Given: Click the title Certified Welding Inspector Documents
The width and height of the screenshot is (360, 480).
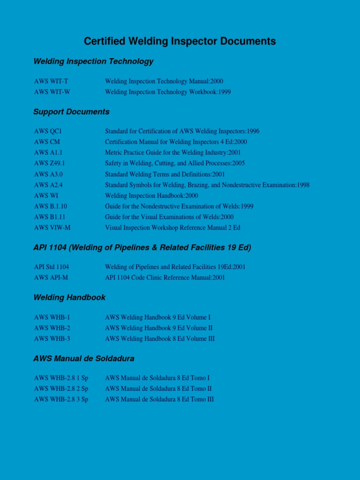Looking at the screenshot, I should pos(180,41).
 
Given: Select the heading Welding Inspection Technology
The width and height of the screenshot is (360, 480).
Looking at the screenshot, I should pos(93,61).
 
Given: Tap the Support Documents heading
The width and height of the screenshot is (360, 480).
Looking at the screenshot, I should pos(71,112).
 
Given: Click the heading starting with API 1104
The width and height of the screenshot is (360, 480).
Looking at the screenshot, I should pos(142,247).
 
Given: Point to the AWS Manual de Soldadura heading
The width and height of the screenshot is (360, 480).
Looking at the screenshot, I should pos(83,359).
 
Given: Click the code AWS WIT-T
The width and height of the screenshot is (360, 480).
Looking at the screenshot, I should pos(51,82).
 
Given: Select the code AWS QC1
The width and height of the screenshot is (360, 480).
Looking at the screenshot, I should pos(48,131).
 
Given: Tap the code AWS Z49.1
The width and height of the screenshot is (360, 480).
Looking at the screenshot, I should pos(50,164).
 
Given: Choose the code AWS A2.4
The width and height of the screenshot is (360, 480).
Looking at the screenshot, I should pos(48,185).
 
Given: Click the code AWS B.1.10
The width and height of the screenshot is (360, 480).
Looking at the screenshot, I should pos(51,206).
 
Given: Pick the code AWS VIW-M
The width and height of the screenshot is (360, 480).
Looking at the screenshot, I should pos(52,228).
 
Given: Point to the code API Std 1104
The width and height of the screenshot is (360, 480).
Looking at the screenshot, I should pos(52,267).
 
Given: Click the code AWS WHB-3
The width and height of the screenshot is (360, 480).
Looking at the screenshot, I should pos(52,338).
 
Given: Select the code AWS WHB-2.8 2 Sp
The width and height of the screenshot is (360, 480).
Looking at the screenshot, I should pos(61,389).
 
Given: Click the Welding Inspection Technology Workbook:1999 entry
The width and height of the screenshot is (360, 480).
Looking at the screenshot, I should pos(168,92).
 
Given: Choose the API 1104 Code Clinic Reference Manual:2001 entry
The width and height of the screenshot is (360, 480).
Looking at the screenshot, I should pos(165,277).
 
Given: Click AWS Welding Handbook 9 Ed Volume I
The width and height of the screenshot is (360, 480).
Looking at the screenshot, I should pos(157,317).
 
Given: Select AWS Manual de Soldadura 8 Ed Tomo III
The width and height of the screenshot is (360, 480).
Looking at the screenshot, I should pos(159,399).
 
